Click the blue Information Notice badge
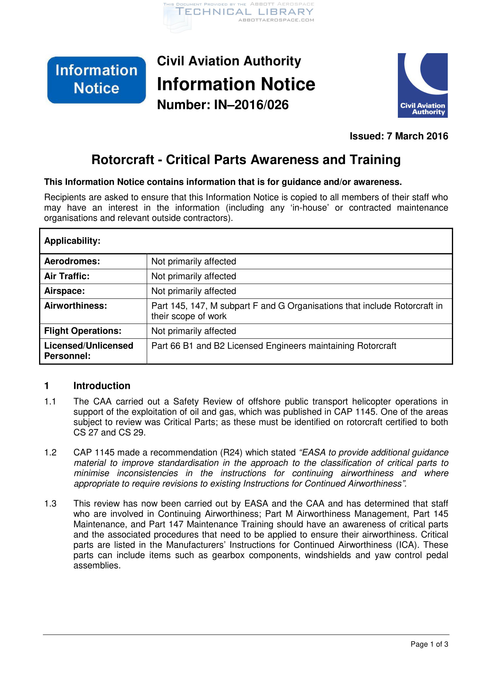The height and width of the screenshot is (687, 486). [x=96, y=80]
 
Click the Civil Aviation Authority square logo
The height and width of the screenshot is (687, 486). [x=422, y=85]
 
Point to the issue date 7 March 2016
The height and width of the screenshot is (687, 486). [x=417, y=136]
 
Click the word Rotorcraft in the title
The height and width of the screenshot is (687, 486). [x=123, y=159]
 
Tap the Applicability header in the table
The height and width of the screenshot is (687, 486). [x=72, y=241]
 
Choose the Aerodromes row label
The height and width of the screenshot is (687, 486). [x=72, y=261]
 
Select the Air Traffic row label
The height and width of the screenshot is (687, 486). [x=67, y=276]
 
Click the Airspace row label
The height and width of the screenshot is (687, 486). [x=64, y=291]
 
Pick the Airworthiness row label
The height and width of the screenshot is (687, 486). [x=76, y=306]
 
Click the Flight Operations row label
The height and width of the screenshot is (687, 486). [x=83, y=331]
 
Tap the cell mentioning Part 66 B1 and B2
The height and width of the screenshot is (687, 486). [x=274, y=346]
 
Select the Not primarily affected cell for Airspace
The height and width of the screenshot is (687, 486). [x=194, y=291]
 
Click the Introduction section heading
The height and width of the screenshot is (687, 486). [x=102, y=386]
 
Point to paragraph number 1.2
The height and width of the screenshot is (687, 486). [x=50, y=452]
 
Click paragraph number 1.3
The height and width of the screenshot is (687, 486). [x=50, y=504]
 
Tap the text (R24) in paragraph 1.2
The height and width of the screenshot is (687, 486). [x=231, y=452]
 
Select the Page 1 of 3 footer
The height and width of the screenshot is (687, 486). [x=429, y=644]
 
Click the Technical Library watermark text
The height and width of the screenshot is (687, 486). [x=244, y=12]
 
